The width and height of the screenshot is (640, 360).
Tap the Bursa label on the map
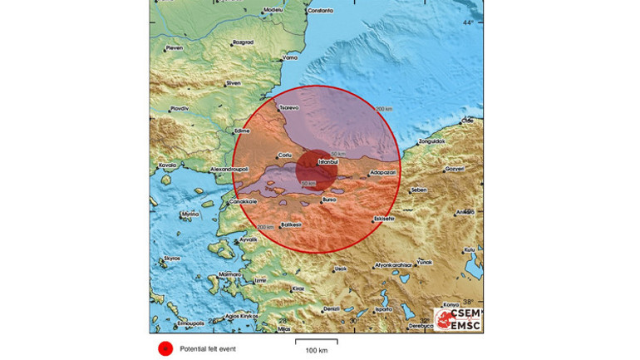[x=329, y=200]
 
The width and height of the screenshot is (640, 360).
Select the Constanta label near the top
[x=319, y=11]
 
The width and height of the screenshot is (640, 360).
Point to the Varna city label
[x=290, y=58]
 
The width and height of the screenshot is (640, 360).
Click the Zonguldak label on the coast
[x=431, y=141]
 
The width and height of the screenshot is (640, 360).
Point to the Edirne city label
[x=242, y=131]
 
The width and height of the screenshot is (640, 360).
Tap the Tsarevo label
[x=288, y=107]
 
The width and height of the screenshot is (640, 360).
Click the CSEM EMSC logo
[x=457, y=319]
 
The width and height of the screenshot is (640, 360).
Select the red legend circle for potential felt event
[x=165, y=348]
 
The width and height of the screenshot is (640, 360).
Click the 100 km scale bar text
[x=317, y=351]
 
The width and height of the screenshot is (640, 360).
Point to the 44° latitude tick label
[x=468, y=22]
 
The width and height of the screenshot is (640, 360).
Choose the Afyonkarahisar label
[x=396, y=266]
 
